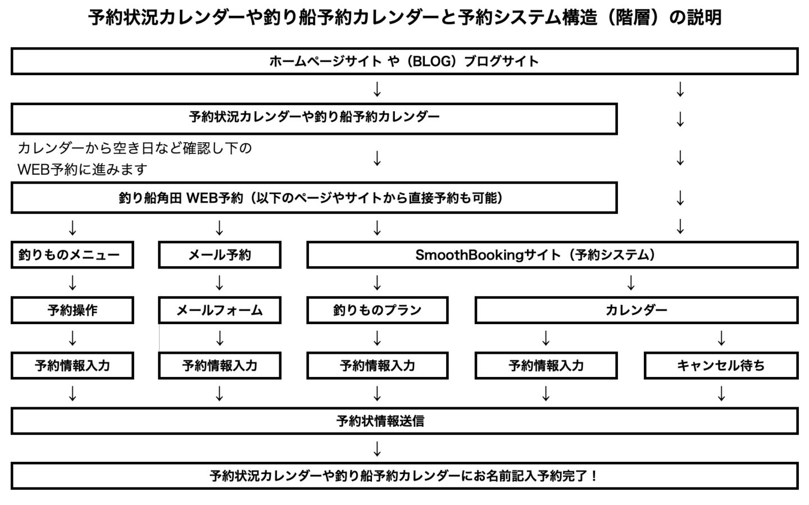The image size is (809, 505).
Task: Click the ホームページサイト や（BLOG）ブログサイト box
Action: pyautogui.click(x=404, y=61)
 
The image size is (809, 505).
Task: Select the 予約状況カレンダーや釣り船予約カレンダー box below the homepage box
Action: pyautogui.click(x=314, y=117)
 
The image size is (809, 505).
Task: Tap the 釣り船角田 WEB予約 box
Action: pyautogui.click(x=314, y=198)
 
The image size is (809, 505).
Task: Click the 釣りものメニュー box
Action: pyautogui.click(x=72, y=255)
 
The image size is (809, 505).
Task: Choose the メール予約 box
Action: pyautogui.click(x=220, y=255)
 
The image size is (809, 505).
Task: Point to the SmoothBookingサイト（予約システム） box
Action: pyautogui.click(x=552, y=255)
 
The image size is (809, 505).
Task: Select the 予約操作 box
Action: pyautogui.click(x=72, y=310)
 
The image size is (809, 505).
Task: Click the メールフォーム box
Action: pyautogui.click(x=220, y=310)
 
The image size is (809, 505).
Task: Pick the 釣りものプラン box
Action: pyautogui.click(x=377, y=310)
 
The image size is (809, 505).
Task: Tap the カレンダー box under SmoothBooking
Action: pyautogui.click(x=636, y=310)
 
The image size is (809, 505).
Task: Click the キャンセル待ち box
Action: pyautogui.click(x=721, y=366)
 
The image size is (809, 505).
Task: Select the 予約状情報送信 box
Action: pyautogui.click(x=404, y=421)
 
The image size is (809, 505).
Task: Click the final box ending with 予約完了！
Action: pyautogui.click(x=404, y=476)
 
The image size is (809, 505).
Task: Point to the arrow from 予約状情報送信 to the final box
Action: pyautogui.click(x=378, y=449)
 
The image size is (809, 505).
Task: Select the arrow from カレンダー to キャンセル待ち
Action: pyautogui.click(x=721, y=338)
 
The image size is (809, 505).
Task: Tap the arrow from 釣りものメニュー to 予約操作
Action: pyautogui.click(x=72, y=283)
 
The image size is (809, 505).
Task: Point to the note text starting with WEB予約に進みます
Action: pyautogui.click(x=83, y=169)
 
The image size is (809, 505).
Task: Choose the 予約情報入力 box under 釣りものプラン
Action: pyautogui.click(x=377, y=366)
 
